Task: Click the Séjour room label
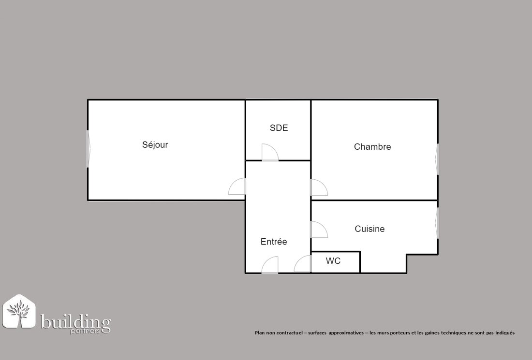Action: [155, 145]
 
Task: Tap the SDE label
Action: [279, 128]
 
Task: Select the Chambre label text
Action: [372, 147]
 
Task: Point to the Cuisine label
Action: [369, 229]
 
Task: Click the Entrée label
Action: [274, 242]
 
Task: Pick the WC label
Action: [333, 261]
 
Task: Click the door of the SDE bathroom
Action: [270, 152]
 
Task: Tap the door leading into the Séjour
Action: [237, 186]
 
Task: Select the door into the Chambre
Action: [319, 187]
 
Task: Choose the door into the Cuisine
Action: [319, 230]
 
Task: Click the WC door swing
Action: [302, 264]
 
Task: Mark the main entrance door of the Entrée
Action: [270, 265]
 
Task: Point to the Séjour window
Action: [89, 149]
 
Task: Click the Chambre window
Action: [437, 159]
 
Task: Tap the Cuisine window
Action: [437, 223]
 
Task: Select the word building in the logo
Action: [75, 321]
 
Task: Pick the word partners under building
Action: [85, 331]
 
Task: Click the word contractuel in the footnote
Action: [289, 333]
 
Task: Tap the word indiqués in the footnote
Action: [505, 333]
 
